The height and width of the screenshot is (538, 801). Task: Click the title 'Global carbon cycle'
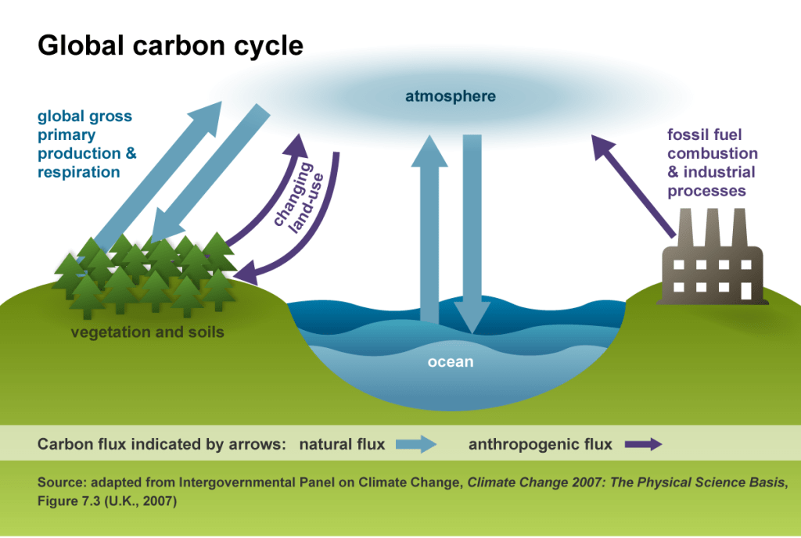tap(170, 45)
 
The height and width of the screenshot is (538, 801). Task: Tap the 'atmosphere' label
tap(450, 97)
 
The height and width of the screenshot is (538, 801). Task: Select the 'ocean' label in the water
tap(450, 362)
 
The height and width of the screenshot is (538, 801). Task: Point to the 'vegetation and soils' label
tap(147, 332)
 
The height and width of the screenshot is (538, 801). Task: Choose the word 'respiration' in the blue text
tap(79, 172)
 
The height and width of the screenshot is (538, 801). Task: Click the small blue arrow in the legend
tap(415, 445)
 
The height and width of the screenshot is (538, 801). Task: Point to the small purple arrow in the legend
tap(642, 445)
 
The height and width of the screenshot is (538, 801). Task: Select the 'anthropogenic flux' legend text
tap(540, 445)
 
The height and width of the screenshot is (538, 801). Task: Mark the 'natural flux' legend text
tap(342, 445)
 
